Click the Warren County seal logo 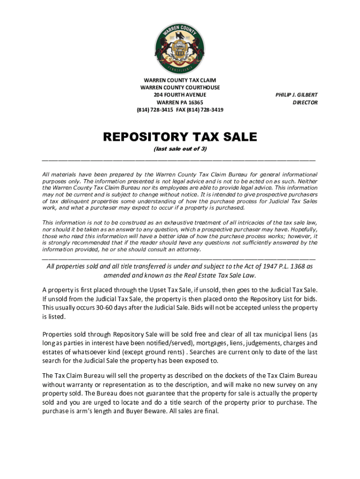180,48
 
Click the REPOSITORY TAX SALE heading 180,137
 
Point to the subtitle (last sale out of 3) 180,149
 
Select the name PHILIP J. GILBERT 296,95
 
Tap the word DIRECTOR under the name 305,102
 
